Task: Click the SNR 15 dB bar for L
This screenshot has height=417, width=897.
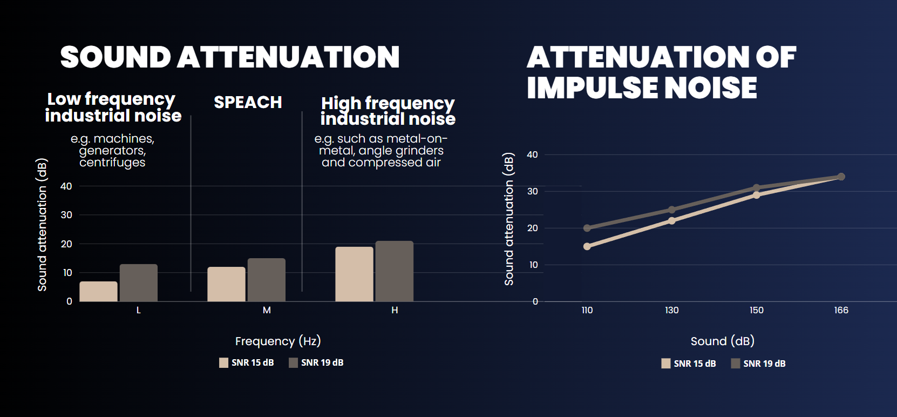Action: (x=99, y=292)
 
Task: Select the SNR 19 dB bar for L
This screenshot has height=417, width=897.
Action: (x=139, y=283)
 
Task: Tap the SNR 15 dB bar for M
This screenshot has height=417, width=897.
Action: (x=226, y=284)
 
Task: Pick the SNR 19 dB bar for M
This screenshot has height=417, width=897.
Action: (x=266, y=280)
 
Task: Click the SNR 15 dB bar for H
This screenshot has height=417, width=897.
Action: (x=354, y=274)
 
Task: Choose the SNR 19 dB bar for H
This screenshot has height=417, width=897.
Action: (x=394, y=271)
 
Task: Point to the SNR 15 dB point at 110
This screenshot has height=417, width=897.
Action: (x=587, y=246)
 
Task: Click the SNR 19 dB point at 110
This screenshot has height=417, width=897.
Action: (x=587, y=228)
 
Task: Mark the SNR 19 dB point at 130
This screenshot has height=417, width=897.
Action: (x=672, y=210)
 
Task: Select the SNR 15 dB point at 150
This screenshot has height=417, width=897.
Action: (x=757, y=195)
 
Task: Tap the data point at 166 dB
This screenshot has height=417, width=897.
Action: (x=841, y=177)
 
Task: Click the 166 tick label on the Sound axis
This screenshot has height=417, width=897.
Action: (x=841, y=311)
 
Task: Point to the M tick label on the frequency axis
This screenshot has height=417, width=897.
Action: (x=267, y=311)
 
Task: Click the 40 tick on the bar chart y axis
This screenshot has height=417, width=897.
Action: (x=66, y=186)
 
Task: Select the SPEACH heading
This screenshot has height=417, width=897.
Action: (x=248, y=102)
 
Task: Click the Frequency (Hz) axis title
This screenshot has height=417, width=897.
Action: (x=278, y=341)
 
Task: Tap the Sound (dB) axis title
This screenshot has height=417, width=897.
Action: (x=723, y=341)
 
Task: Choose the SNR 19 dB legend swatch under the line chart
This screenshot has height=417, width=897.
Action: (x=736, y=364)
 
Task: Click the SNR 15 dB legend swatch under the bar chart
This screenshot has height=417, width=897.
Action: (x=223, y=363)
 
